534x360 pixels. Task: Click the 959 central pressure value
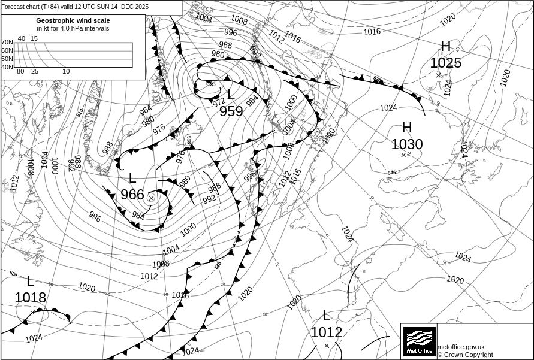[231, 111]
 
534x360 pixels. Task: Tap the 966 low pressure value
[132, 195]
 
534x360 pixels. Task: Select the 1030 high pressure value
[407, 144]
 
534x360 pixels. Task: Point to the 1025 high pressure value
[446, 63]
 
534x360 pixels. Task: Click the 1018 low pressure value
[31, 298]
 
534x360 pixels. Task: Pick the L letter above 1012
[326, 316]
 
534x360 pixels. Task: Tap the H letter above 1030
[407, 128]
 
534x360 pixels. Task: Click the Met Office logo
[420, 341]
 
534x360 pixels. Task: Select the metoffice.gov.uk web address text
[461, 347]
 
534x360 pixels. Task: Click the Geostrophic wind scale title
[73, 20]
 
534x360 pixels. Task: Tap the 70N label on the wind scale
[7, 43]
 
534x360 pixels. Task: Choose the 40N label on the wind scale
[7, 67]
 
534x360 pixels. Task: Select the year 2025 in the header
[143, 7]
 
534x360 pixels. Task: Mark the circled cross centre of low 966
[151, 198]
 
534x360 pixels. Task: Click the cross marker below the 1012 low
[327, 346]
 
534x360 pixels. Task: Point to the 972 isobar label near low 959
[219, 102]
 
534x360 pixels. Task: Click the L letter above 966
[132, 178]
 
